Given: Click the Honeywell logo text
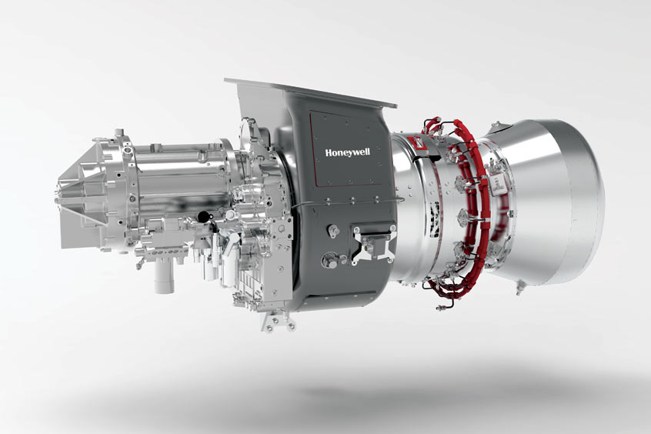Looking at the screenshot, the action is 348,152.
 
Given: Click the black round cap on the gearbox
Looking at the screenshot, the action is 203,216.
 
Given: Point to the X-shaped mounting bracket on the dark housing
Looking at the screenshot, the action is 372,244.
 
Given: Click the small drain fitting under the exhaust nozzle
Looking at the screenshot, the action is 519,289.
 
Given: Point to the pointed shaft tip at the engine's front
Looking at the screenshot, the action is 57,200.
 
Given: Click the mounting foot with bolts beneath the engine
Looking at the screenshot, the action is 279,321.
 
